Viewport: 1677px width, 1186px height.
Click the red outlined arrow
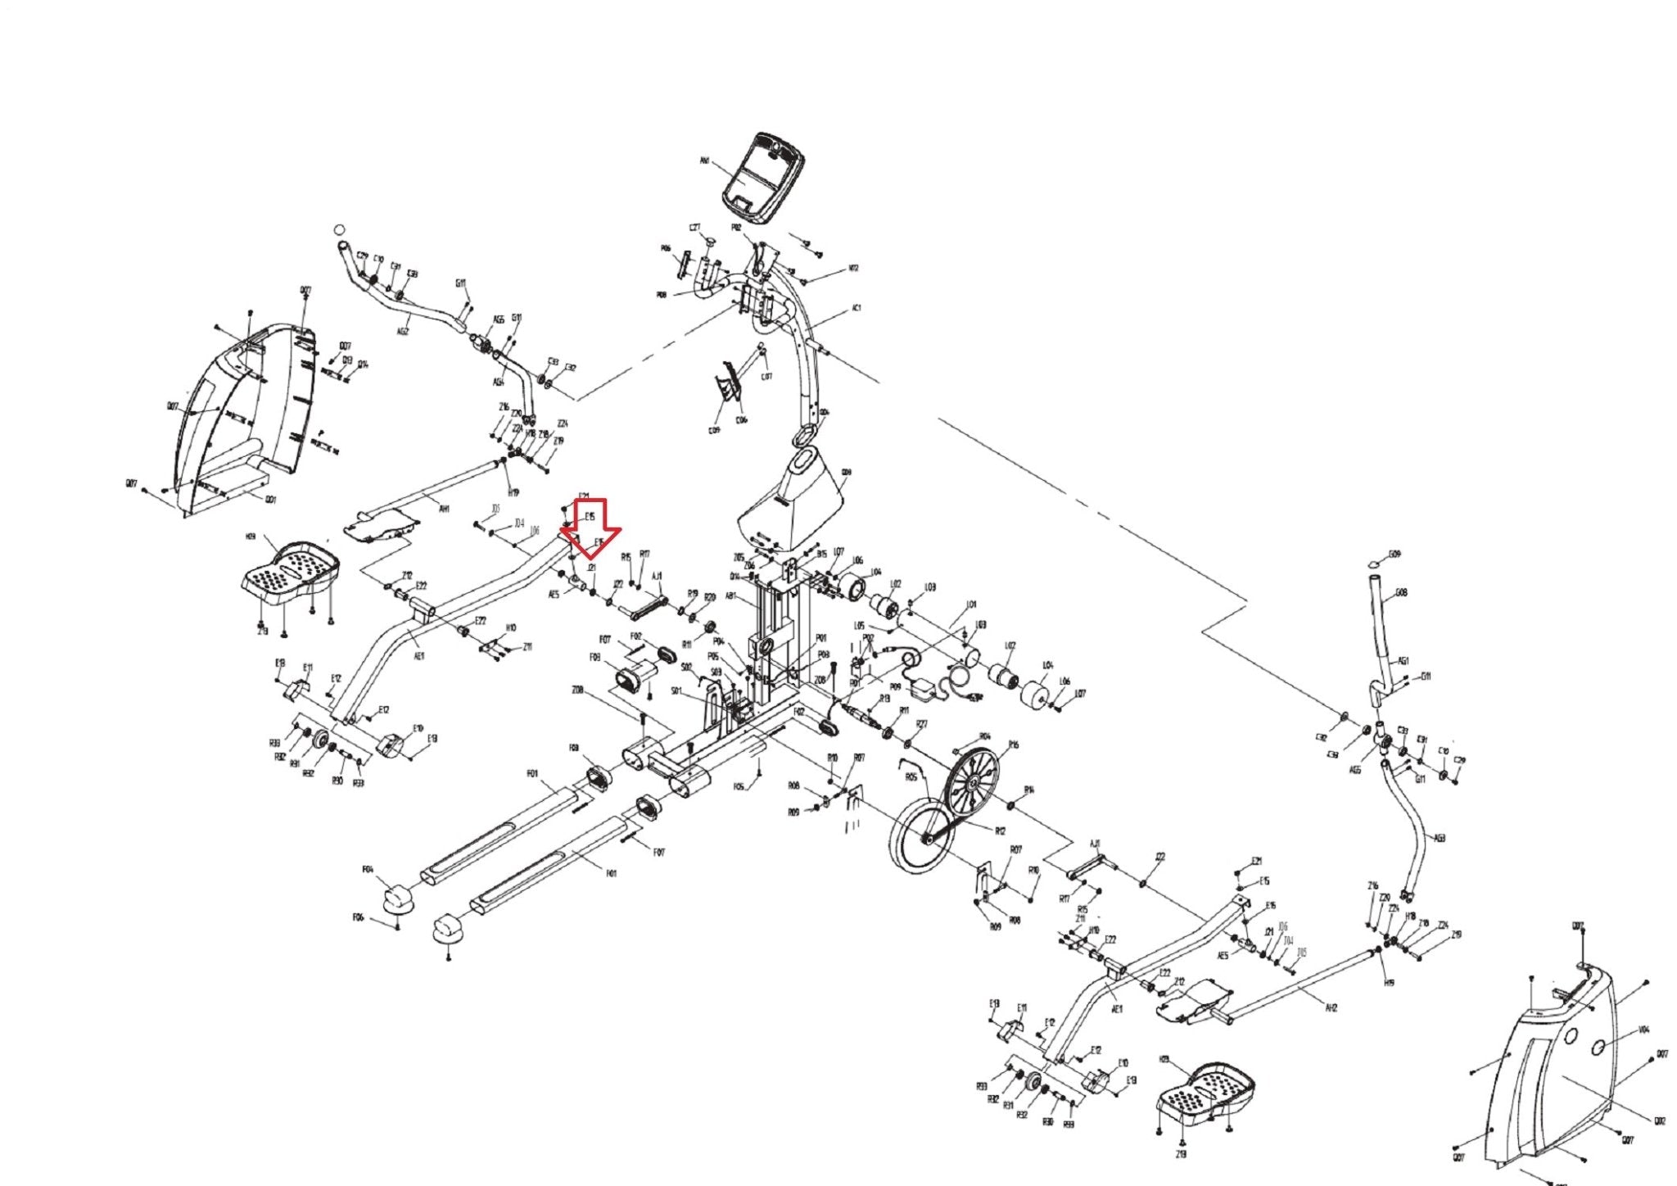click(591, 529)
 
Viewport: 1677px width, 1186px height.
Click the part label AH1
click(445, 509)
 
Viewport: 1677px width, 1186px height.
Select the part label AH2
click(1331, 1007)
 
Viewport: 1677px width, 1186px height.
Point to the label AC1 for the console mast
click(857, 308)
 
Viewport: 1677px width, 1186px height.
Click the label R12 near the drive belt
click(1000, 831)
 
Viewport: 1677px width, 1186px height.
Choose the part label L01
click(972, 604)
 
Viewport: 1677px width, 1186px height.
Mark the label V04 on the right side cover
click(1643, 1030)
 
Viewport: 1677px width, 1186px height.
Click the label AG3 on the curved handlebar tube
click(1440, 838)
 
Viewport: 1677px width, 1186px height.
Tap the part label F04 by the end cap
click(368, 869)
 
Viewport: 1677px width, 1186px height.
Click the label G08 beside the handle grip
click(1401, 592)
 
